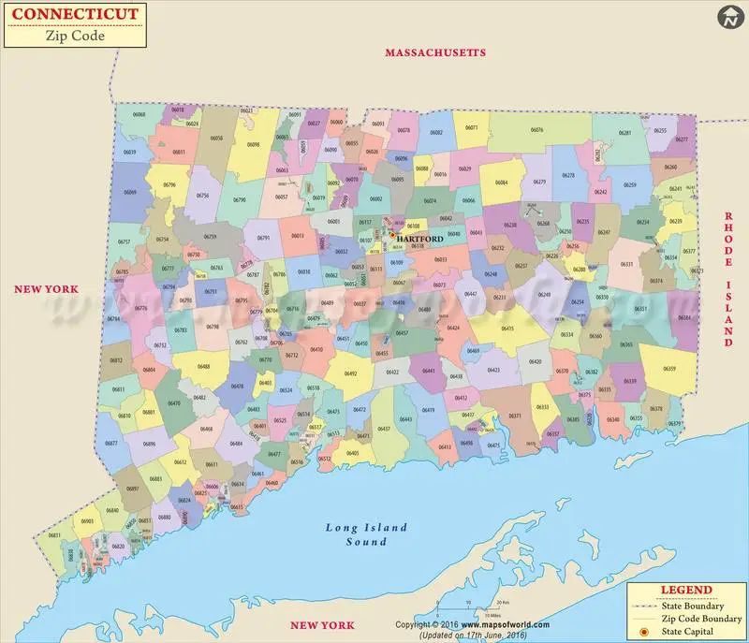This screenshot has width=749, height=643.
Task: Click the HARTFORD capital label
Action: tap(419, 240)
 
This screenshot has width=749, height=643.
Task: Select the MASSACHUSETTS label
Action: tap(435, 53)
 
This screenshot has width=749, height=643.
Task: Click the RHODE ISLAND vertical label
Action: tap(727, 279)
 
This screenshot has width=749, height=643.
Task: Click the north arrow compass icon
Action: tap(730, 17)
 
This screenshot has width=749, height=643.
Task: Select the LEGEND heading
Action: tap(686, 590)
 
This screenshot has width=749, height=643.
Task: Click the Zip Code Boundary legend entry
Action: tap(699, 619)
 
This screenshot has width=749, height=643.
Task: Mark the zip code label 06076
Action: tap(536, 130)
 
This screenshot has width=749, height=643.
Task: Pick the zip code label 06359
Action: tap(669, 369)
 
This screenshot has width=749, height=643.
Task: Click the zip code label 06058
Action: tap(216, 139)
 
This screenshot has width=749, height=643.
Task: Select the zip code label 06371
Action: tap(514, 416)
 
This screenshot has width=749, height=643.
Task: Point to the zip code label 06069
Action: tap(130, 192)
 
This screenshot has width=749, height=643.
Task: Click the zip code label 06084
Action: tap(502, 183)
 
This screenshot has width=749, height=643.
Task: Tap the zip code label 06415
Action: tap(507, 329)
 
